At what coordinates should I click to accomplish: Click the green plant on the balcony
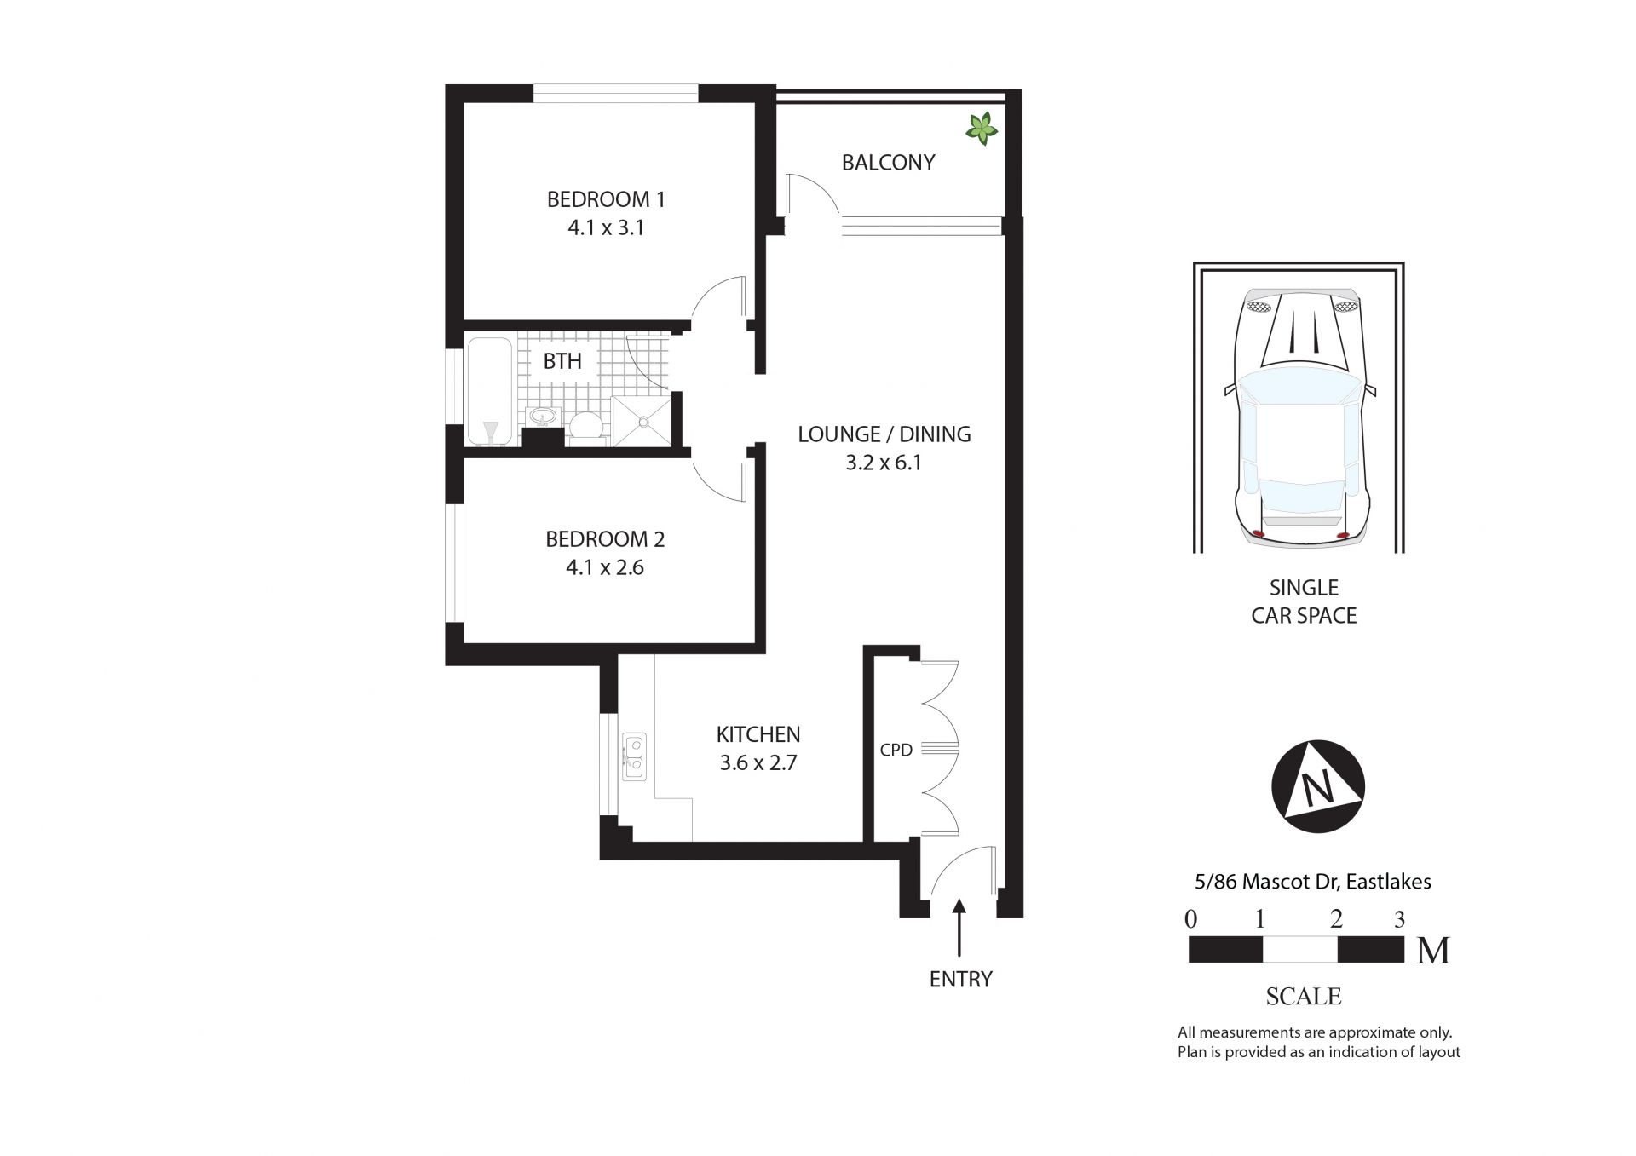point(981,129)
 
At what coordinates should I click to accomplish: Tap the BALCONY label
point(888,163)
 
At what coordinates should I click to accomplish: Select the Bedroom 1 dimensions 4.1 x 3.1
point(606,227)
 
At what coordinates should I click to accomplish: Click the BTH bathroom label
point(562,361)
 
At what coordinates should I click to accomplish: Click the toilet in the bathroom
point(585,426)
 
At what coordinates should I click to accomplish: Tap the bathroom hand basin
point(542,417)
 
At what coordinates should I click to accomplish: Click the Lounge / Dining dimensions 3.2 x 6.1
point(884,463)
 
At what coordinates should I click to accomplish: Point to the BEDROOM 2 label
point(605,539)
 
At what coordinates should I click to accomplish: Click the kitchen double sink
point(633,756)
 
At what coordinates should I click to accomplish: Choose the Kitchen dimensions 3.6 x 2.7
point(758,762)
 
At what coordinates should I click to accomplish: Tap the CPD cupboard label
point(896,750)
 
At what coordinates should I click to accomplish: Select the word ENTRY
point(961,980)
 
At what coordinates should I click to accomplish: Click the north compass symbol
point(1317,786)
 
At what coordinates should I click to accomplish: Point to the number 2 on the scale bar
point(1336,918)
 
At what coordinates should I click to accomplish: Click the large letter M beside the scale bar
point(1433,951)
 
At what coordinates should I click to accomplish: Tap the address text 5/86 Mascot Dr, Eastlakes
point(1313,882)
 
